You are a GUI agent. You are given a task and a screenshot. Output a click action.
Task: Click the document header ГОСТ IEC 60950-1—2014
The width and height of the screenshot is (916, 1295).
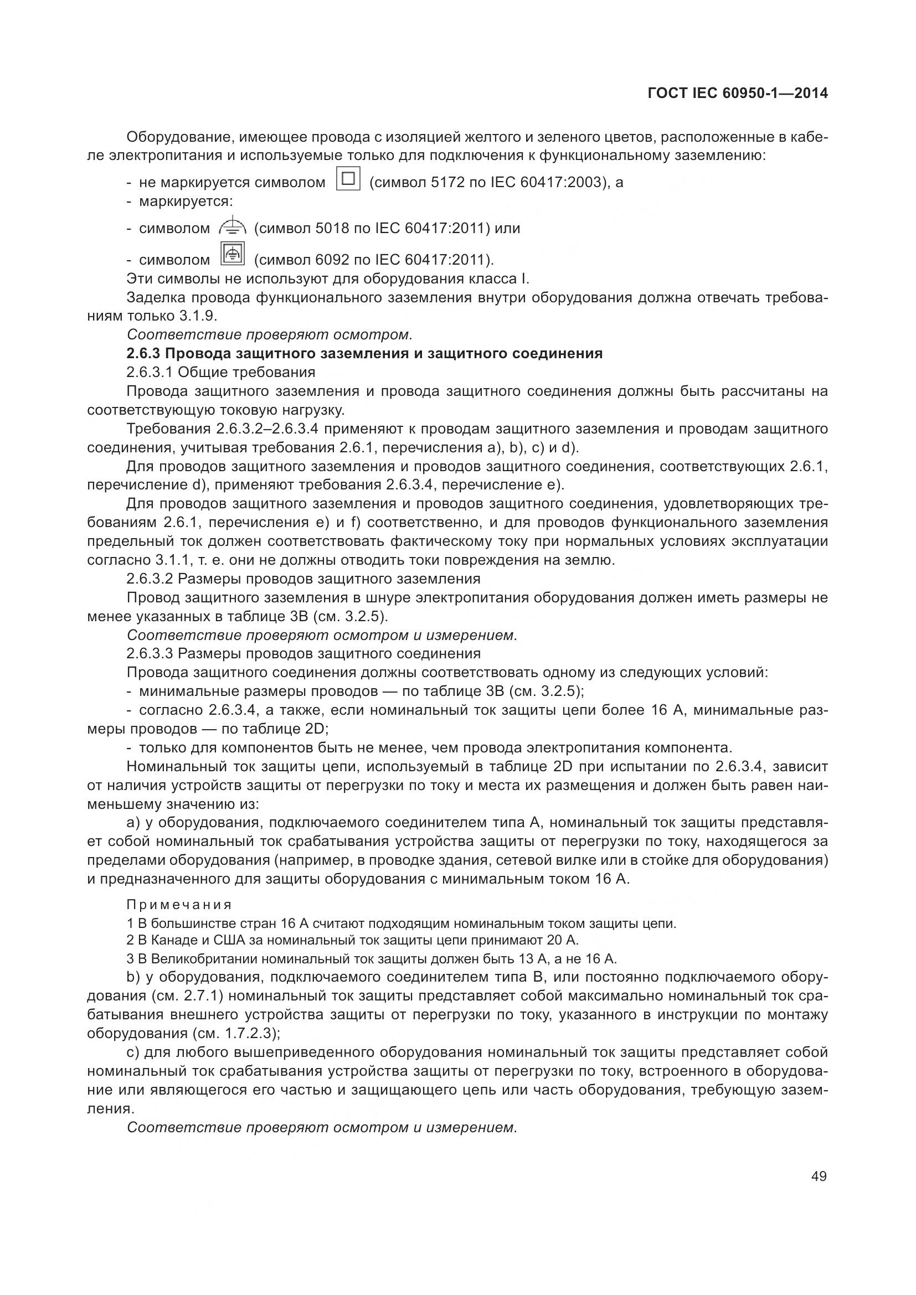pyautogui.click(x=737, y=94)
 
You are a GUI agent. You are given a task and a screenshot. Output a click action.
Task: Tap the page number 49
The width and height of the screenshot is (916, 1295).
pyautogui.click(x=819, y=1177)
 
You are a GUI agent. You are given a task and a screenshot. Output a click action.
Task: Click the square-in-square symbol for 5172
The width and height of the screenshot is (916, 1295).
pyautogui.click(x=348, y=179)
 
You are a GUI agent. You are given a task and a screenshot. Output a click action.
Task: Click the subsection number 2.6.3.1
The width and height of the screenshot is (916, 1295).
pyautogui.click(x=150, y=372)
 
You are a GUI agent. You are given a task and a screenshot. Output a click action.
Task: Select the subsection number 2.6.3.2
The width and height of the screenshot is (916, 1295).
pyautogui.click(x=150, y=579)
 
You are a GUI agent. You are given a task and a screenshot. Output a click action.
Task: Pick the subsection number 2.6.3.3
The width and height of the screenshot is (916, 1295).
pyautogui.click(x=150, y=654)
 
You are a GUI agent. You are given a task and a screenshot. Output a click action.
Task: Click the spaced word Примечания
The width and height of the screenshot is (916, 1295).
pyautogui.click(x=179, y=905)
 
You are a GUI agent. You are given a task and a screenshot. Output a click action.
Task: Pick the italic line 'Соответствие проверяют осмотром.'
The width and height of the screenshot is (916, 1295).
pyautogui.click(x=270, y=335)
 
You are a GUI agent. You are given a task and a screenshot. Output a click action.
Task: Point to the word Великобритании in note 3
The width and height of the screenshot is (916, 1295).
pyautogui.click(x=205, y=959)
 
